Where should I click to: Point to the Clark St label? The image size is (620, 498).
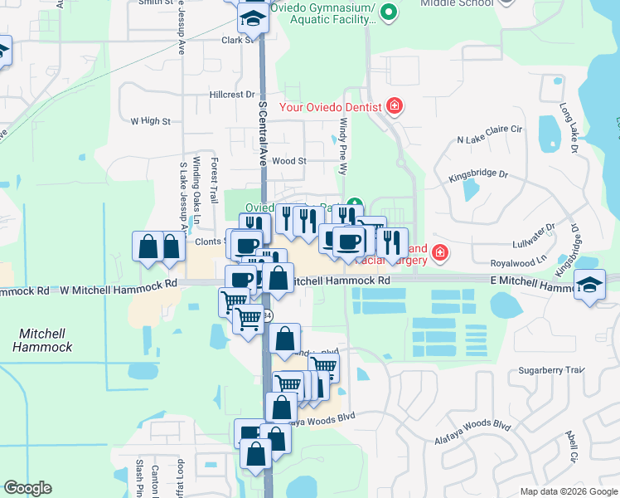pyautogui.click(x=235, y=39)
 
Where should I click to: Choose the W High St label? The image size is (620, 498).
pyautogui.click(x=150, y=120)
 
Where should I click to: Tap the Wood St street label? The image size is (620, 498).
pyautogui.click(x=289, y=161)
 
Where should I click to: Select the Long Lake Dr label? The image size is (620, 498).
pyautogui.click(x=568, y=128)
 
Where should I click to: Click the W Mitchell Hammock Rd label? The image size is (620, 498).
pyautogui.click(x=119, y=283)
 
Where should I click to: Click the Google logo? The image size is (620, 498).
pyautogui.click(x=27, y=488)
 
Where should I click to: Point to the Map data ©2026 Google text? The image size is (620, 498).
pyautogui.click(x=568, y=491)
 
